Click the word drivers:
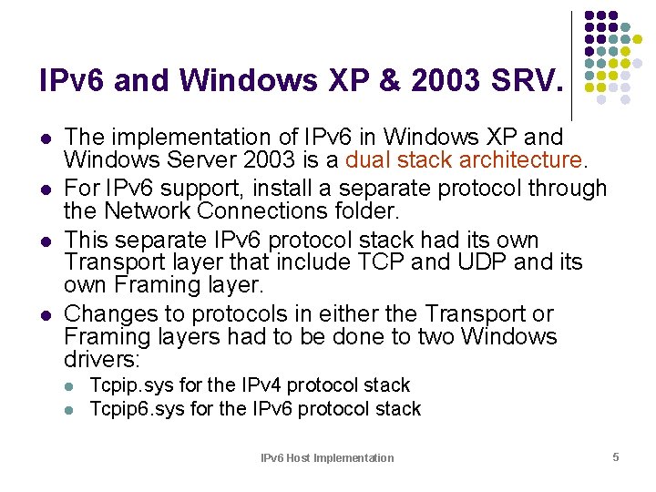click(x=103, y=359)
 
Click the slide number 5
click(x=616, y=456)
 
